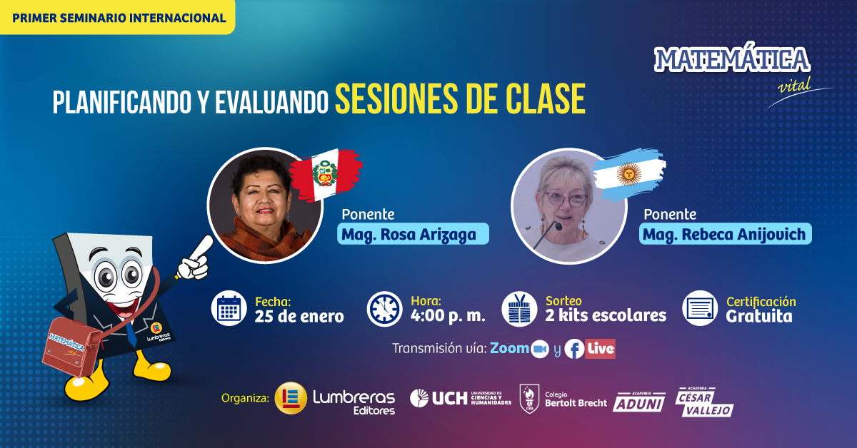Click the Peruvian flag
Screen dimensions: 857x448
point(326,175)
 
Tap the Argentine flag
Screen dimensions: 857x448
point(629,174)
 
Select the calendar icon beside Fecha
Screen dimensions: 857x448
point(229,308)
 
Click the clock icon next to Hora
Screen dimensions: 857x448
point(384,309)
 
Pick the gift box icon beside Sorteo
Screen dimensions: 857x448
point(520,309)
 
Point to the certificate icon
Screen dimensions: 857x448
point(700,308)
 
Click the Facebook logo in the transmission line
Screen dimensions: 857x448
point(574,349)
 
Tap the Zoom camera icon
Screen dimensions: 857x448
point(540,349)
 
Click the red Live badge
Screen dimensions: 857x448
point(601,349)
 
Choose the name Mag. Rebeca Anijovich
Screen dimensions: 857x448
point(726,234)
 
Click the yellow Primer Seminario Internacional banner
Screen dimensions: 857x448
point(117,17)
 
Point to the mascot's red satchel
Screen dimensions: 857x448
point(73,347)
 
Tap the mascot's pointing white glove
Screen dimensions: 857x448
point(196,259)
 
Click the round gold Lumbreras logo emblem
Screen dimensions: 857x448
point(291,398)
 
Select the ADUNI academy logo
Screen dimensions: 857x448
point(639,402)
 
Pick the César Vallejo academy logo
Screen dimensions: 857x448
point(704,402)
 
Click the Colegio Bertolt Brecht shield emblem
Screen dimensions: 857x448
point(529,399)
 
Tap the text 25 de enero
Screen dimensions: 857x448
point(299,317)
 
